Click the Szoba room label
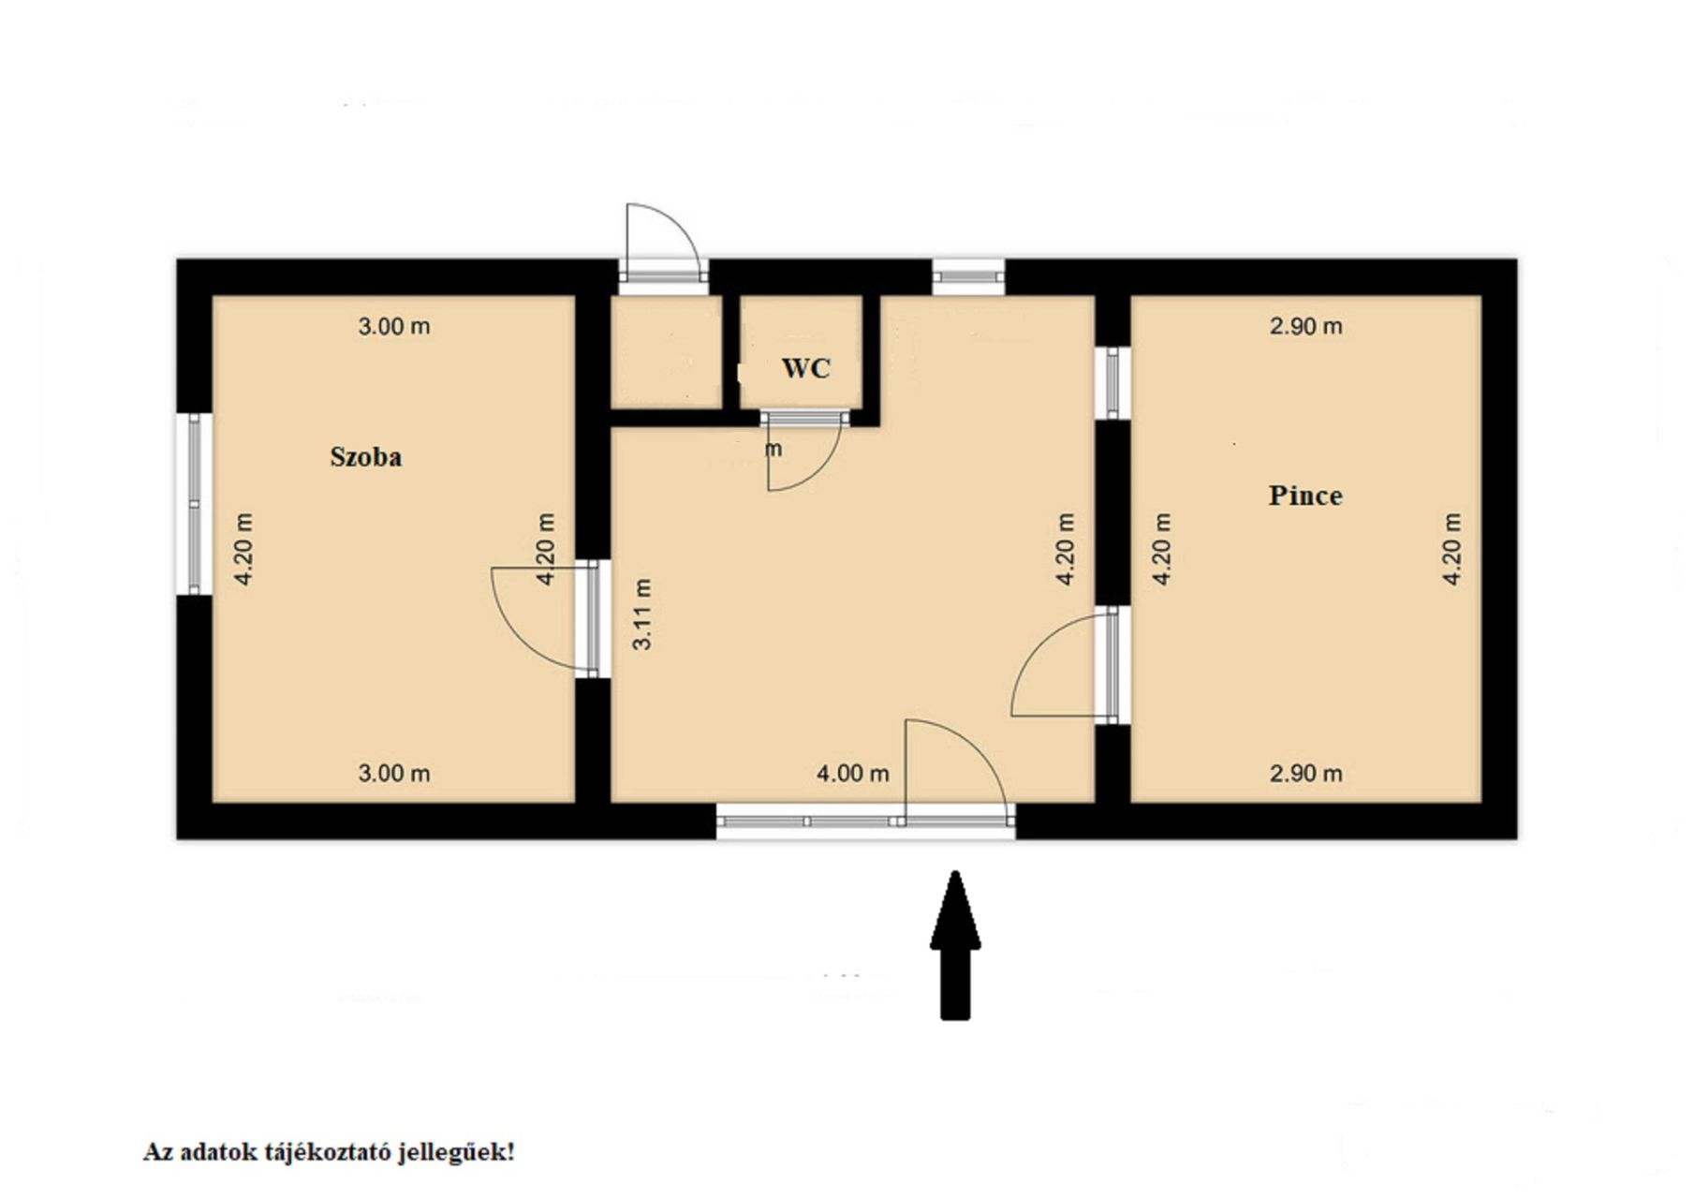pyautogui.click(x=365, y=457)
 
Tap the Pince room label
pyautogui.click(x=1305, y=496)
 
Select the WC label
pyautogui.click(x=805, y=368)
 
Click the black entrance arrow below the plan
pyautogui.click(x=955, y=944)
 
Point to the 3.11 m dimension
pyautogui.click(x=642, y=614)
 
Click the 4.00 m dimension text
pyautogui.click(x=852, y=774)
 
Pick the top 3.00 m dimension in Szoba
pyautogui.click(x=394, y=326)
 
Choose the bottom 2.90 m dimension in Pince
pyautogui.click(x=1305, y=774)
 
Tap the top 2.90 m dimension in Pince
pyautogui.click(x=1305, y=326)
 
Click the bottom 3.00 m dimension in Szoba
pyautogui.click(x=394, y=774)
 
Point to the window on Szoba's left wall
pyautogui.click(x=194, y=504)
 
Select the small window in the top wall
pyautogui.click(x=968, y=276)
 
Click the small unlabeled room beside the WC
pyautogui.click(x=666, y=351)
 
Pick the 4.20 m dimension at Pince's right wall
pyautogui.click(x=1451, y=549)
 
